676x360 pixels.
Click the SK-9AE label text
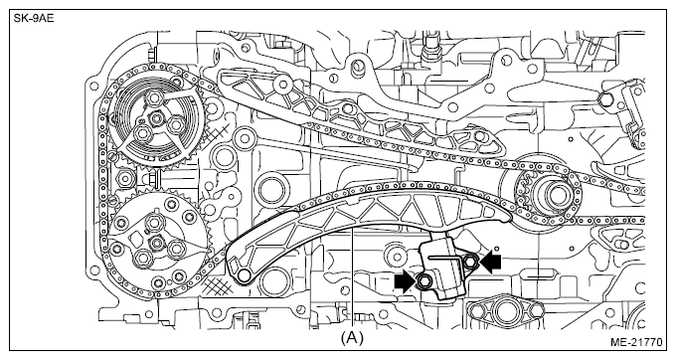point(34,19)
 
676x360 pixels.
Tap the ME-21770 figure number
point(635,342)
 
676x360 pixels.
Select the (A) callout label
point(352,338)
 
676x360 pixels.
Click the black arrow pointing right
point(405,281)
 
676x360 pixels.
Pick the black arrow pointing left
point(490,262)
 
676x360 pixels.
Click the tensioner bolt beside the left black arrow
point(422,281)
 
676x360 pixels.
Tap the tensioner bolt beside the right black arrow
point(470,260)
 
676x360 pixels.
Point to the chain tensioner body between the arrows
point(443,270)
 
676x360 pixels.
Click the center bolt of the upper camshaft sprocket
point(156,117)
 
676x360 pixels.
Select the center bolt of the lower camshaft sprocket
point(157,243)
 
